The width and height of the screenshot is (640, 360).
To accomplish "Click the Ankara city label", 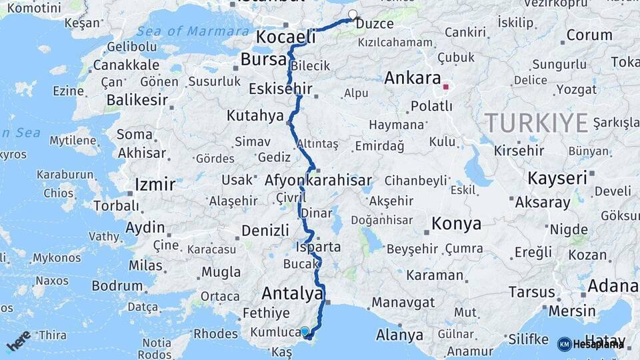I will tap(413, 77).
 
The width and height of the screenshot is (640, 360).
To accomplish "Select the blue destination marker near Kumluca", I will tap(305, 331).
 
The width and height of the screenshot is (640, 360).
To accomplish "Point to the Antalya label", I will tap(293, 293).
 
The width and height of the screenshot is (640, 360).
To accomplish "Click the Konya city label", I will tap(456, 223).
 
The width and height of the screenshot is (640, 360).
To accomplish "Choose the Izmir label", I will tap(155, 184).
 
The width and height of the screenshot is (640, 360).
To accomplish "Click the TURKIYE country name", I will tap(536, 123).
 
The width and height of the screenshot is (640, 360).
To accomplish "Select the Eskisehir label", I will tap(275, 89).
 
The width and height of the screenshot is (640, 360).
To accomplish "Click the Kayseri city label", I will tap(557, 178).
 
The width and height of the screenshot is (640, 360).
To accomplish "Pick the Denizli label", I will tap(265, 230).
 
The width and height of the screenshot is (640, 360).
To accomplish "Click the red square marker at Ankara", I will tap(445, 87).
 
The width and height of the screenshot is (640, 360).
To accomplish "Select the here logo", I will tap(19, 340).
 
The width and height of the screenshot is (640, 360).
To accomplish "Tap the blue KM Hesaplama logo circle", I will tap(564, 344).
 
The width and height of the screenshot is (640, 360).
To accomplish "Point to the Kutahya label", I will tap(255, 115).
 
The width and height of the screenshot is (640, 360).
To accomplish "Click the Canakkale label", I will tap(126, 65).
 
